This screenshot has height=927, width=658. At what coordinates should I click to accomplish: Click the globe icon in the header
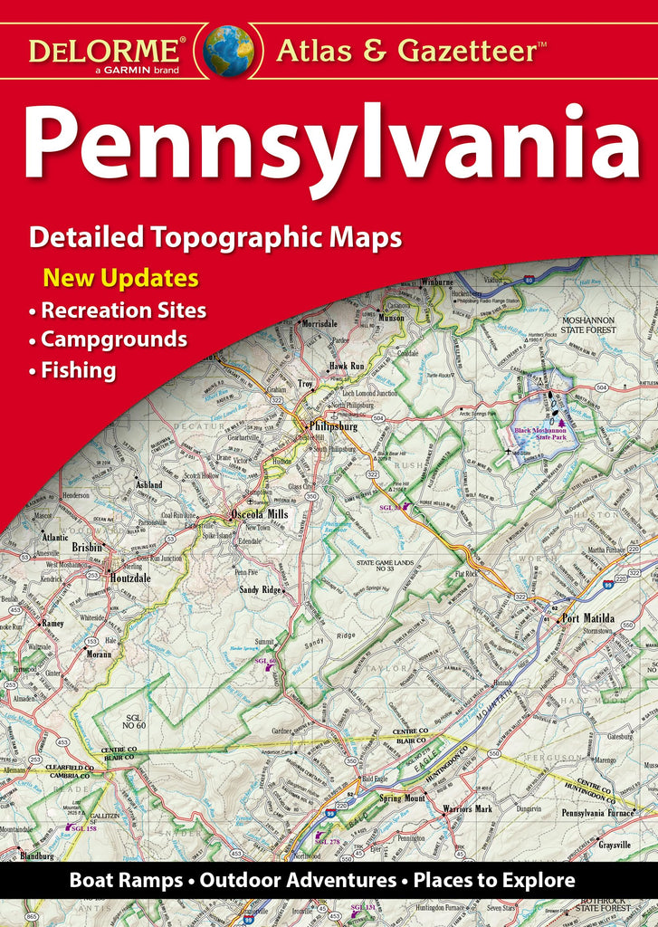click(x=228, y=50)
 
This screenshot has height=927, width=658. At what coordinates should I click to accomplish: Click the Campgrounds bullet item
click(x=114, y=339)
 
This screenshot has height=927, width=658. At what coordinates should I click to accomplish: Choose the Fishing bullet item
click(x=78, y=370)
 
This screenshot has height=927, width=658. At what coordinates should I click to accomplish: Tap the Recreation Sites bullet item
click(x=123, y=311)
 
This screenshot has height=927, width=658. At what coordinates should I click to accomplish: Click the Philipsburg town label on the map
click(x=333, y=425)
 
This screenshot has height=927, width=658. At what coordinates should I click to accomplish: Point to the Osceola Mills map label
click(x=259, y=514)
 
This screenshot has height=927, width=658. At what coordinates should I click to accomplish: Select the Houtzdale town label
click(x=125, y=576)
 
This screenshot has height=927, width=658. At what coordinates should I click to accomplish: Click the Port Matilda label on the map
click(x=588, y=619)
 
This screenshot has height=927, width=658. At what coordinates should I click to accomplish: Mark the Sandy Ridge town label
click(x=262, y=589)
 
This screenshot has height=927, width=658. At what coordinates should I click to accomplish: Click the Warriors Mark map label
click(x=467, y=808)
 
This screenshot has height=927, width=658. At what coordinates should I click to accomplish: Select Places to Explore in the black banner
click(x=493, y=880)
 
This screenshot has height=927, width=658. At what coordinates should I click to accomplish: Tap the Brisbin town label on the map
click(x=88, y=548)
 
